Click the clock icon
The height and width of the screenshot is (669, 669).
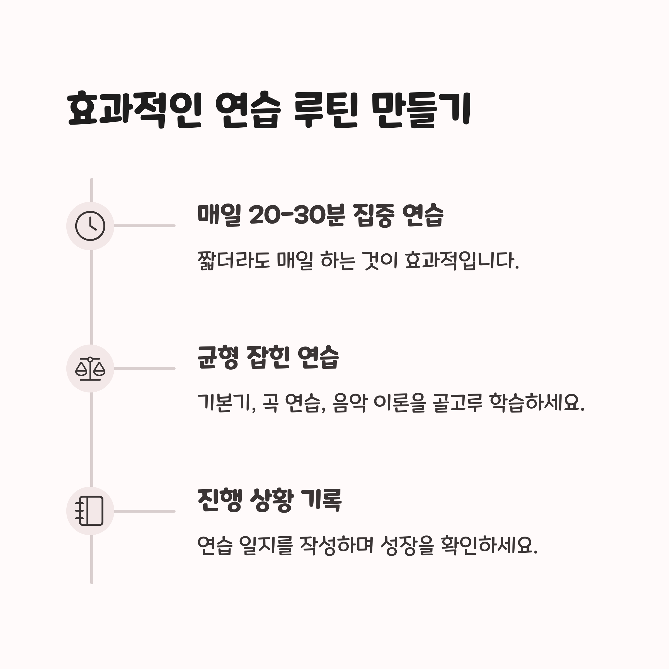(90, 226)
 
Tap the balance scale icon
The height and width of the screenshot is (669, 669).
(90, 369)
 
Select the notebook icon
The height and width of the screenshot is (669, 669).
(90, 511)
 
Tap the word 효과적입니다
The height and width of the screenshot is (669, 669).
(462, 261)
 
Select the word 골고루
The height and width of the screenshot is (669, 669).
(457, 403)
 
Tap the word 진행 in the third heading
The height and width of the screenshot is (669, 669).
(219, 500)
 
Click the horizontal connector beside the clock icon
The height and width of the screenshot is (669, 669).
(145, 226)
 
